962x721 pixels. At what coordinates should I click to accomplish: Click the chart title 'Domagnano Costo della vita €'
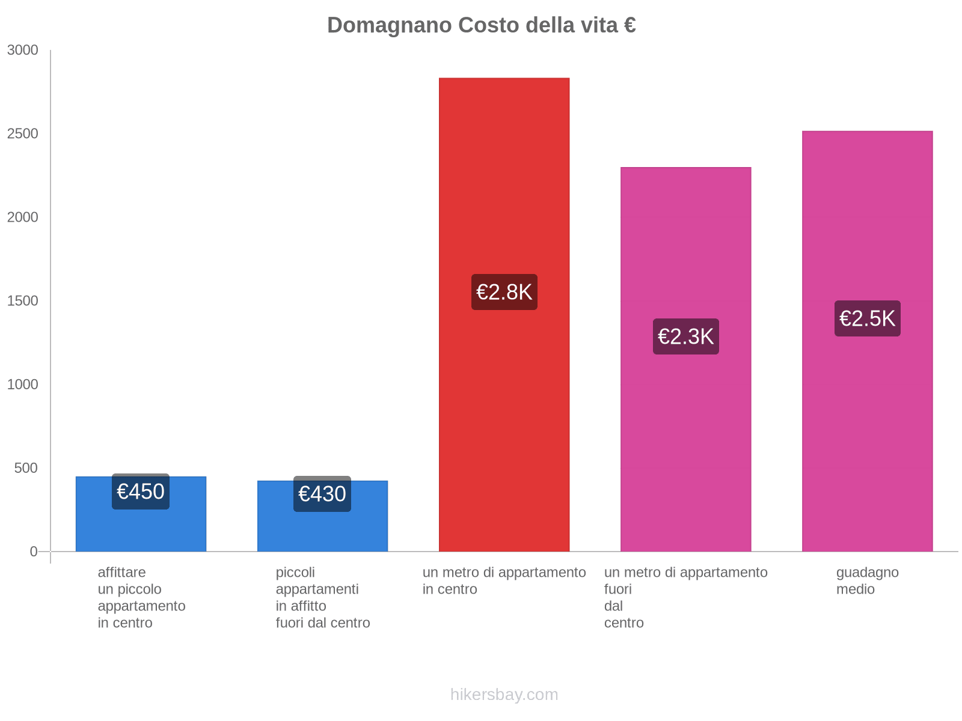[481, 25]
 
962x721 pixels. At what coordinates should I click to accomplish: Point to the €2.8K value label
[504, 292]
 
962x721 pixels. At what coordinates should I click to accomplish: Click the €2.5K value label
[867, 318]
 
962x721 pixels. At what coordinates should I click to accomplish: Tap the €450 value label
[141, 491]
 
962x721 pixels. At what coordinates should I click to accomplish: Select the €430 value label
[322, 494]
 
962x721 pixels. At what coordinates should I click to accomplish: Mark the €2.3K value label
[685, 336]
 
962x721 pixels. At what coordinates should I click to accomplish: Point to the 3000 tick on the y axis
[23, 50]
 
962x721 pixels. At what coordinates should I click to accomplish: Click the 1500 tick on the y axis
[23, 301]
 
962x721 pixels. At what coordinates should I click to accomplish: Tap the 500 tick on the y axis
[26, 468]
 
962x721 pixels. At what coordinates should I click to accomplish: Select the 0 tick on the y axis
[34, 552]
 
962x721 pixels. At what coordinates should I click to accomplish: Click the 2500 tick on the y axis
[23, 134]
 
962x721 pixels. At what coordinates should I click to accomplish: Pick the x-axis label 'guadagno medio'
[867, 580]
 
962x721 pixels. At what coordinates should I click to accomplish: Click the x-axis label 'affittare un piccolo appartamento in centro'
[141, 597]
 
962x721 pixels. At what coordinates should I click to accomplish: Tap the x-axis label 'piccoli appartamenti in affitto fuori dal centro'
[322, 597]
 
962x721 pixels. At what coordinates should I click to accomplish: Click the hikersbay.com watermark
[504, 695]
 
